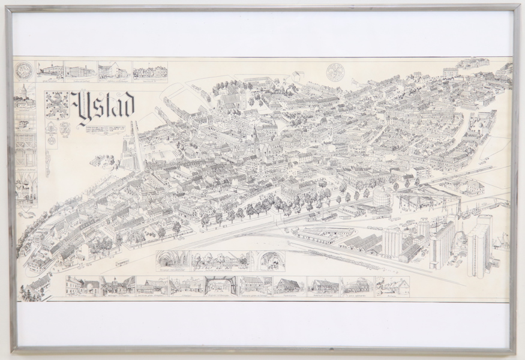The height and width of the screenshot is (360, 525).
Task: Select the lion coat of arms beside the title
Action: point(58,106)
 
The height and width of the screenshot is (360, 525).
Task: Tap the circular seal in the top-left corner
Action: point(24,70)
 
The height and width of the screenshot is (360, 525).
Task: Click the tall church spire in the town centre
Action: point(256,139)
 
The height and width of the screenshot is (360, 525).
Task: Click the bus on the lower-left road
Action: point(122,262)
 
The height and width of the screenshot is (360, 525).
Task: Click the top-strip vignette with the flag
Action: point(49,71)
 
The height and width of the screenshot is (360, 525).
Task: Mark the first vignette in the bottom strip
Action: point(82,286)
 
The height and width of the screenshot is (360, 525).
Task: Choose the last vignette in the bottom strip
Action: point(392,286)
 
